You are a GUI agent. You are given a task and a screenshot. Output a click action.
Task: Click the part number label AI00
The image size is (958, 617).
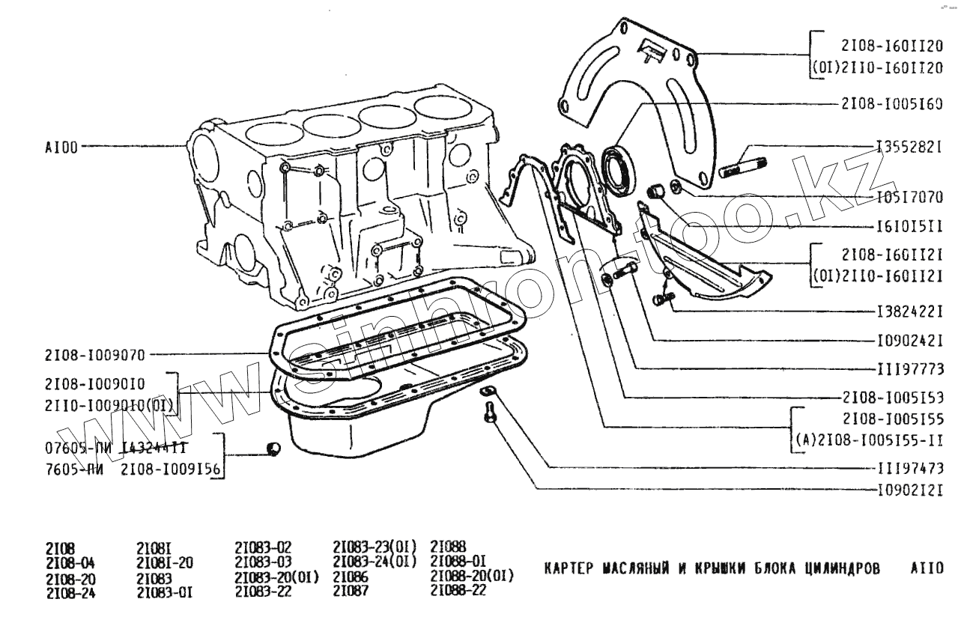tap(61, 148)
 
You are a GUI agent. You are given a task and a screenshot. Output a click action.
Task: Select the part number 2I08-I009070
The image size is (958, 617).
tap(94, 354)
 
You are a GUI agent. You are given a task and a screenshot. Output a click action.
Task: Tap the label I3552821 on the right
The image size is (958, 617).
tap(909, 148)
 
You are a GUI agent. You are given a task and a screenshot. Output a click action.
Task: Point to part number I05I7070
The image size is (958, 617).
tap(909, 198)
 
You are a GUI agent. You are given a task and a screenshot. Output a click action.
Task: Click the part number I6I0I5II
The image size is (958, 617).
tap(909, 225)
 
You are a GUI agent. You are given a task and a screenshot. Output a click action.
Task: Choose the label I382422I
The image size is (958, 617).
tap(909, 310)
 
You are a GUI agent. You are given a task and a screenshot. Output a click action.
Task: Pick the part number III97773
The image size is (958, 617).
tap(909, 368)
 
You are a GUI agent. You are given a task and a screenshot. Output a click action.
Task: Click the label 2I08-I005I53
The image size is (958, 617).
tap(891, 397)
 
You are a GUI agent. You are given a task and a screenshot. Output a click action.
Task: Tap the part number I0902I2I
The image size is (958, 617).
tap(909, 490)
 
